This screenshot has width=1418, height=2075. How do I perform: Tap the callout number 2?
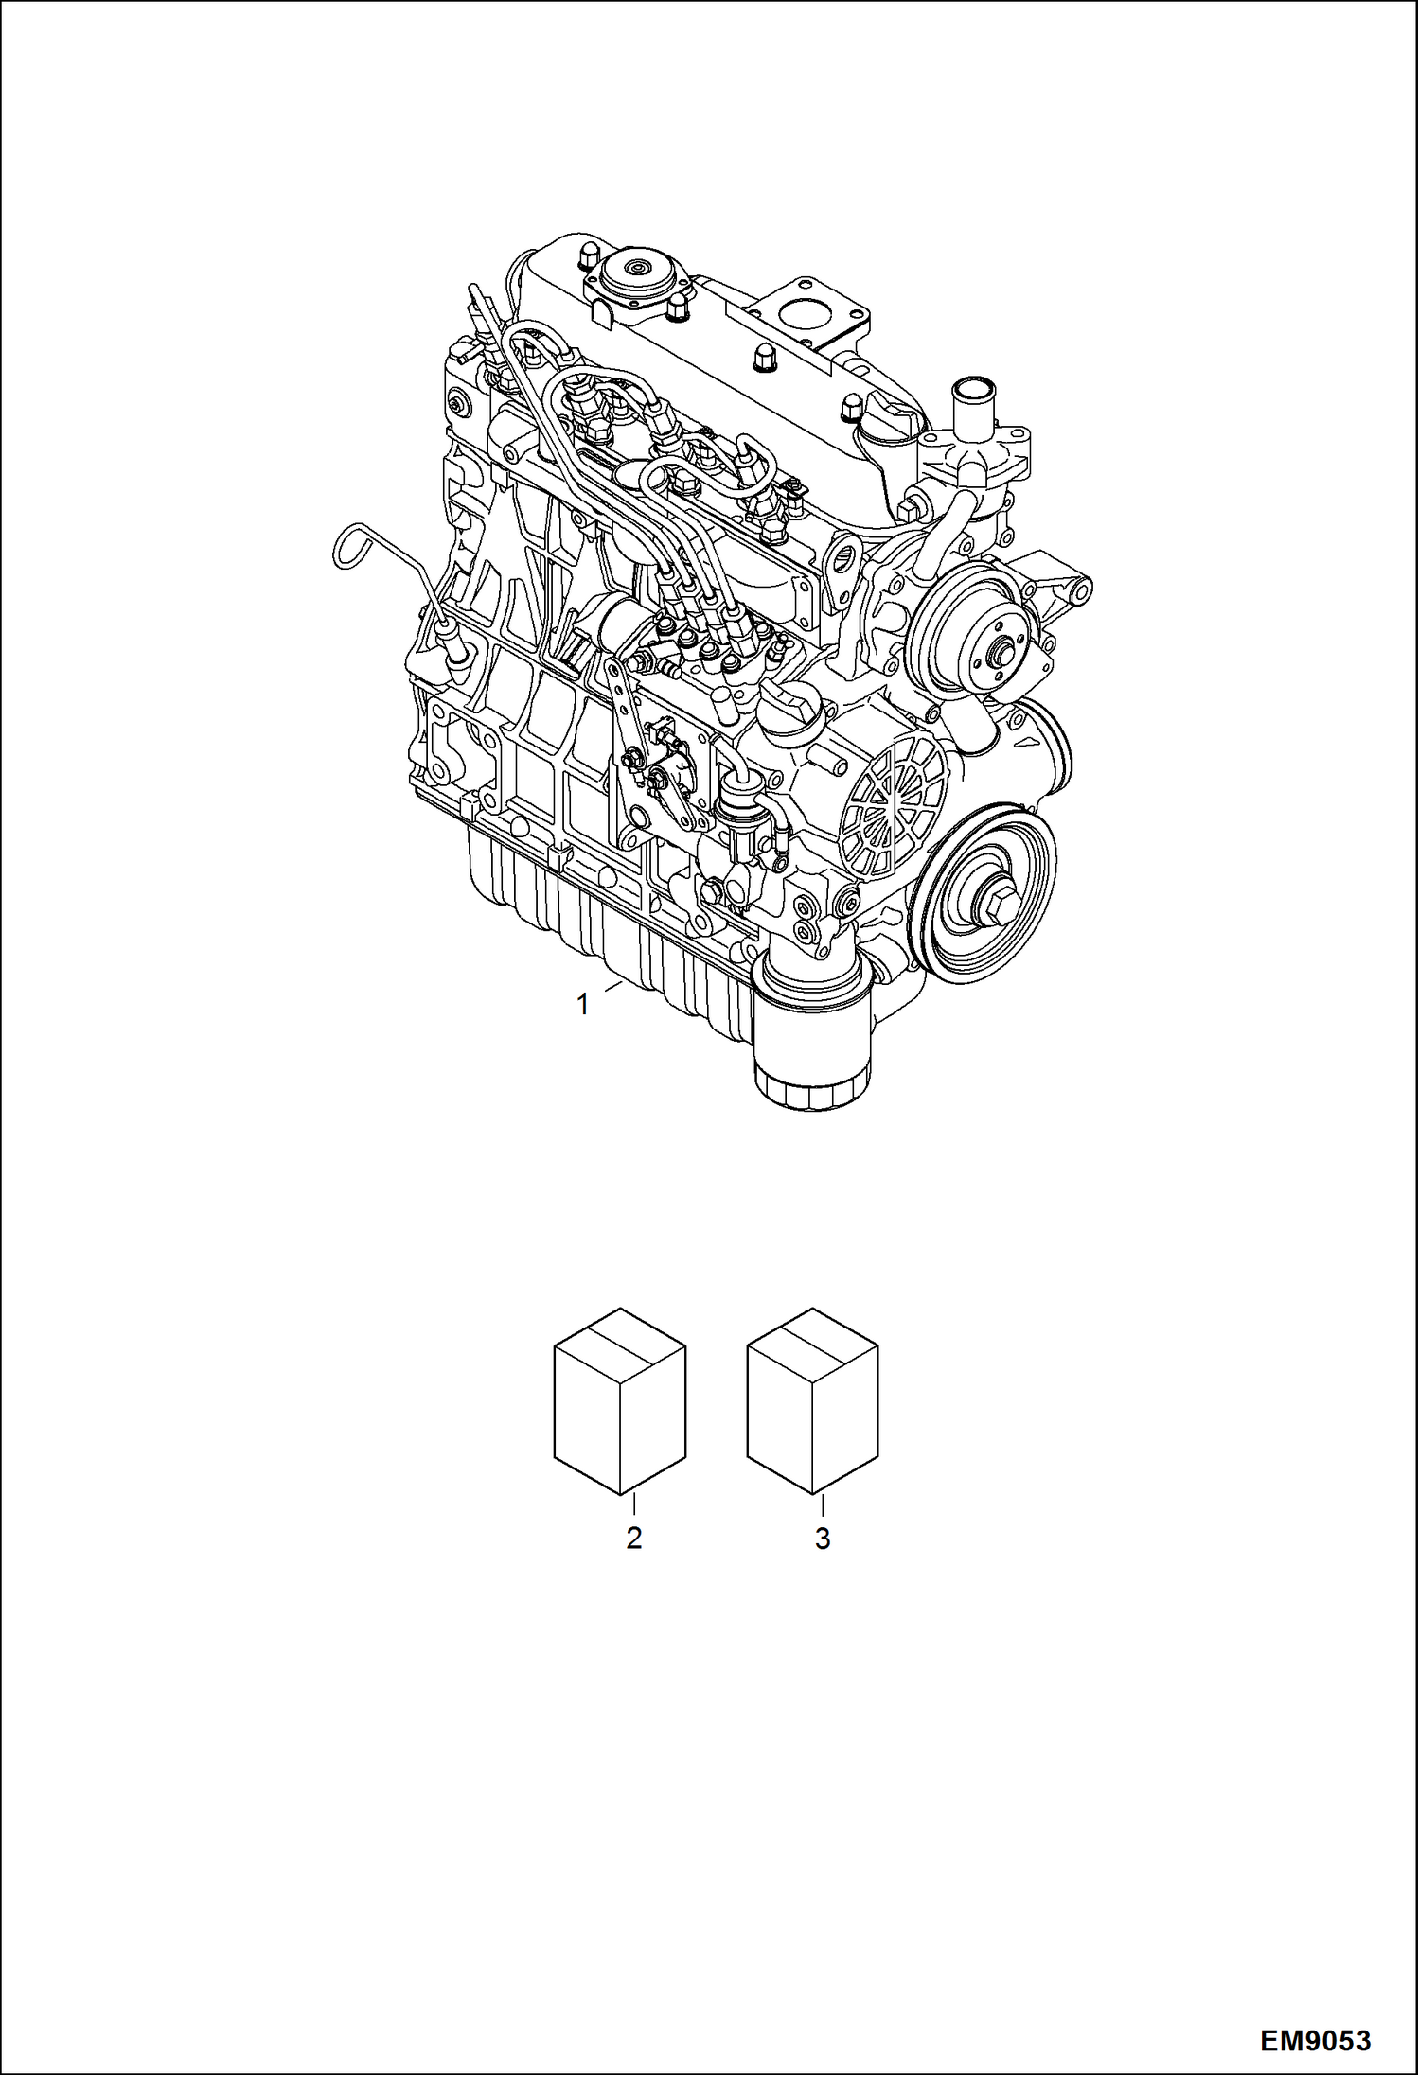pos(633,1539)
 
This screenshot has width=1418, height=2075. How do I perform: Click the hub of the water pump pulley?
pos(994,653)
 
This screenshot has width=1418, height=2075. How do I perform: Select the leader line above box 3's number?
pos(822,1506)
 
